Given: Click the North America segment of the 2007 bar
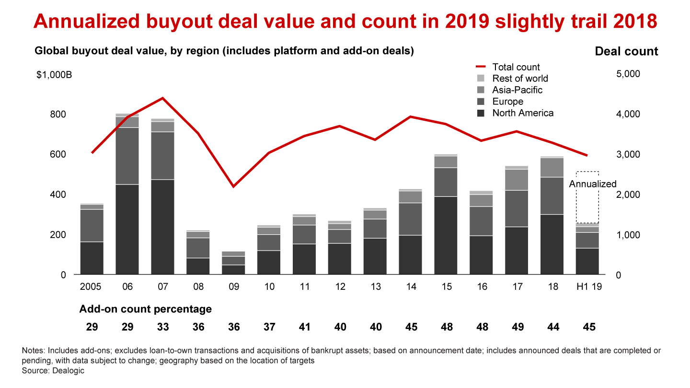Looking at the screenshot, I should (x=162, y=227).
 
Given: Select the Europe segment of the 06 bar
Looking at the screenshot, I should (x=127, y=156).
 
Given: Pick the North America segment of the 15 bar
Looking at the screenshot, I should (x=446, y=235).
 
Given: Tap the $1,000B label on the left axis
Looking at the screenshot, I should (x=54, y=75).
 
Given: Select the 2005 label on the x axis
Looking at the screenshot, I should (x=91, y=287).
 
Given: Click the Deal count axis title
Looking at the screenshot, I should (x=626, y=51).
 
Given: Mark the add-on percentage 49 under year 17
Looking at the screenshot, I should (x=517, y=327).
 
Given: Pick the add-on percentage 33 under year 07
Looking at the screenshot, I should (x=162, y=327).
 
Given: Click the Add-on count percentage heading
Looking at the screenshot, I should (x=145, y=309).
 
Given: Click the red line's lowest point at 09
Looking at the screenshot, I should (x=233, y=186).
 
